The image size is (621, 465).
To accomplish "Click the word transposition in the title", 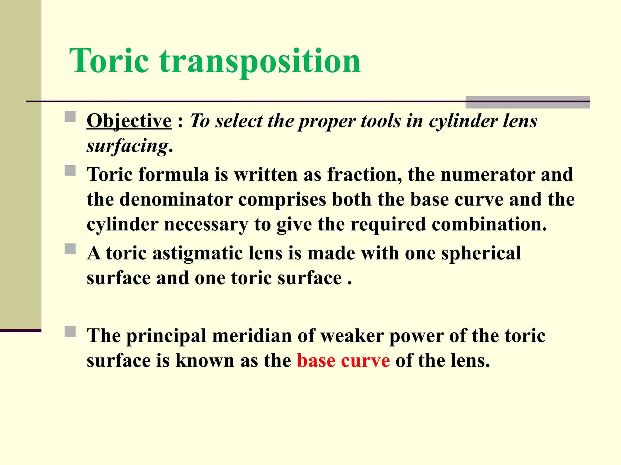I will tap(260, 62).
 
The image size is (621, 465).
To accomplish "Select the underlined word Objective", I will tap(129, 121).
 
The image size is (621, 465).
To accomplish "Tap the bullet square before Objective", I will tap(70, 117).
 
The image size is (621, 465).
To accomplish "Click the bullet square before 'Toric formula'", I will tap(70, 170).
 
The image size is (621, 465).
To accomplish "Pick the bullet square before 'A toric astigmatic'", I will tap(70, 249).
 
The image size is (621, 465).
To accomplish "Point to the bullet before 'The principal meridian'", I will tap(70, 331).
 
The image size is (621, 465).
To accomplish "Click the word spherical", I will tap(481, 254).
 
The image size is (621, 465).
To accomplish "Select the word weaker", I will tap(352, 336).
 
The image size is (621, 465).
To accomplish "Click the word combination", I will tap(489, 224).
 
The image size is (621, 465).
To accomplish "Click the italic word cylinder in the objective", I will tap(463, 121).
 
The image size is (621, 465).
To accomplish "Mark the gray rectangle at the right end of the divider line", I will tap(528, 102).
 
